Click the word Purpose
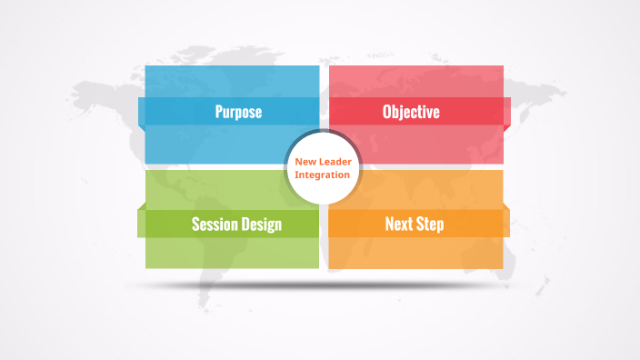(238, 113)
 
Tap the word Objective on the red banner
(411, 113)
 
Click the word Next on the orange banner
(399, 224)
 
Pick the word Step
(430, 224)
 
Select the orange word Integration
(322, 175)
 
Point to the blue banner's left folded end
(141, 111)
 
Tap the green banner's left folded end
(141, 222)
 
